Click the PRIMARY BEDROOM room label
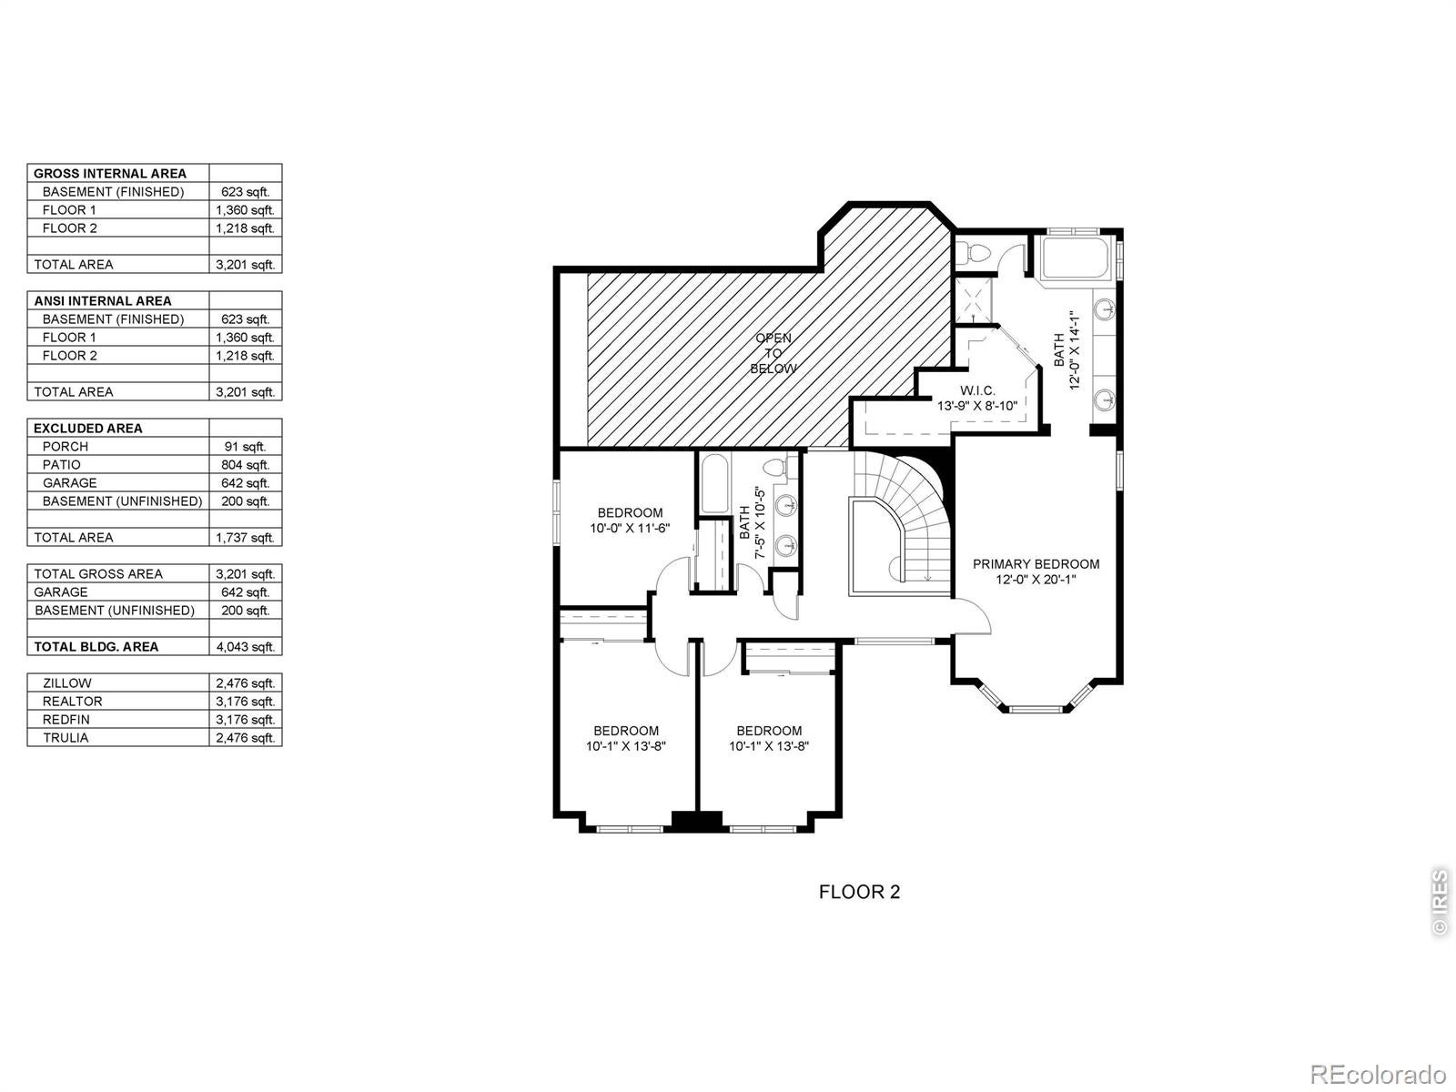1036,563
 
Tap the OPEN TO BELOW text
773,353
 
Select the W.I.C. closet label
977,390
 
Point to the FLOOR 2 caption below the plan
859,892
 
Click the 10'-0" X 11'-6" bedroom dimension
630,528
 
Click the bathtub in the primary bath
1076,259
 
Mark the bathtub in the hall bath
714,483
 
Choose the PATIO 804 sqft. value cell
246,465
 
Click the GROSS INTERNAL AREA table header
110,174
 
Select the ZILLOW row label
67,682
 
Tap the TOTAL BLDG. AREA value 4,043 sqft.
246,646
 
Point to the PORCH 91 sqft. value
246,447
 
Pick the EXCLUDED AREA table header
88,429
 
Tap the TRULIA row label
66,737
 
